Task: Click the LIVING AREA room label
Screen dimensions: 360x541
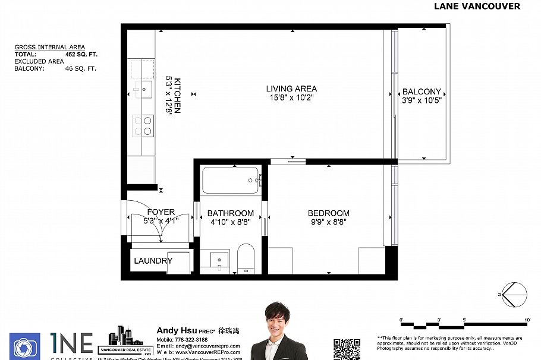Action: coord(291,89)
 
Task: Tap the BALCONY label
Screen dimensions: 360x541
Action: coord(422,91)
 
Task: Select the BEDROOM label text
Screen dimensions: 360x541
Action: coord(328,213)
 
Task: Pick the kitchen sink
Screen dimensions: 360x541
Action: coord(143,89)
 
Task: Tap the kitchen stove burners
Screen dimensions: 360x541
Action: coord(143,125)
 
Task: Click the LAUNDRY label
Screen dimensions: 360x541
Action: coord(153,261)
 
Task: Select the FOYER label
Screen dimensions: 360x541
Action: coord(161,212)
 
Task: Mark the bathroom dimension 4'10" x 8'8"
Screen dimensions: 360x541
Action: coord(230,222)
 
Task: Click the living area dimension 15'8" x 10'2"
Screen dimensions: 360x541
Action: coord(291,98)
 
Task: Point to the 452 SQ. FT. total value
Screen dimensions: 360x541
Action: coord(81,54)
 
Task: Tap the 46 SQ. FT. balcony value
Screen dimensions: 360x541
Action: coord(80,68)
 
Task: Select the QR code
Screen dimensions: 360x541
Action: coord(347,349)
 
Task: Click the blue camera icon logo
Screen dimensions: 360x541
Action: coord(25,346)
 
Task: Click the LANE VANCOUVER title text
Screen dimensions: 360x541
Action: coord(477,7)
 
